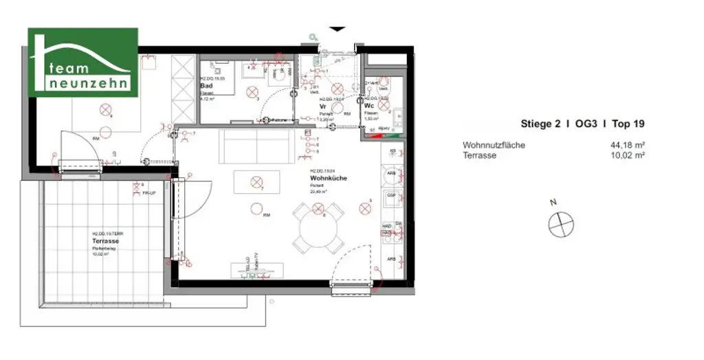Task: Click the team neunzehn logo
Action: [x=82, y=63]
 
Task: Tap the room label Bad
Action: [x=206, y=86]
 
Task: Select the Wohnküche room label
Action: [x=328, y=178]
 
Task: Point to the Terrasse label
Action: [x=106, y=241]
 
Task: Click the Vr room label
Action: [x=322, y=107]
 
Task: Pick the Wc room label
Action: [x=369, y=106]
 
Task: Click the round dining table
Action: [x=318, y=225]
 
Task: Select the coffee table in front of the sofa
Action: [x=256, y=182]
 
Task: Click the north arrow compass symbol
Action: [x=560, y=223]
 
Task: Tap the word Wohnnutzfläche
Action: [x=494, y=145]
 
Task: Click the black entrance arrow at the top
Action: [x=338, y=30]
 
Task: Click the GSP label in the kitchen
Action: [x=390, y=195]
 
